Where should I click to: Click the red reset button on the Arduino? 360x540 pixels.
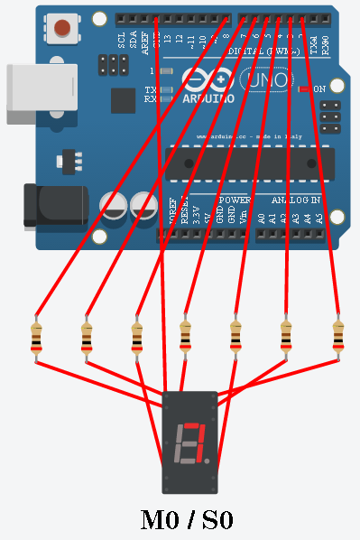[x=62, y=28]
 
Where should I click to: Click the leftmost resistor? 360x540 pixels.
[x=36, y=339]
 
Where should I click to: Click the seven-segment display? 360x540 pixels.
[x=189, y=442]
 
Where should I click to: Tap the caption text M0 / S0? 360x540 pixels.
[x=187, y=520]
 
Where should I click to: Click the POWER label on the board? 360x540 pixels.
[x=235, y=199]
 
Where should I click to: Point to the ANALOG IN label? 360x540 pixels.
[x=295, y=199]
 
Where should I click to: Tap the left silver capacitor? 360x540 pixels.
[x=116, y=207]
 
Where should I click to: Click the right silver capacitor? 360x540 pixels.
[x=145, y=207]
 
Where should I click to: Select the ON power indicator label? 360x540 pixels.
[x=318, y=88]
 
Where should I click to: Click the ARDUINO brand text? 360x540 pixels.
[x=208, y=97]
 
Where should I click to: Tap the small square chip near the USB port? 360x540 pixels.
[x=124, y=100]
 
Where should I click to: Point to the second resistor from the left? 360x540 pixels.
[x=87, y=339]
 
